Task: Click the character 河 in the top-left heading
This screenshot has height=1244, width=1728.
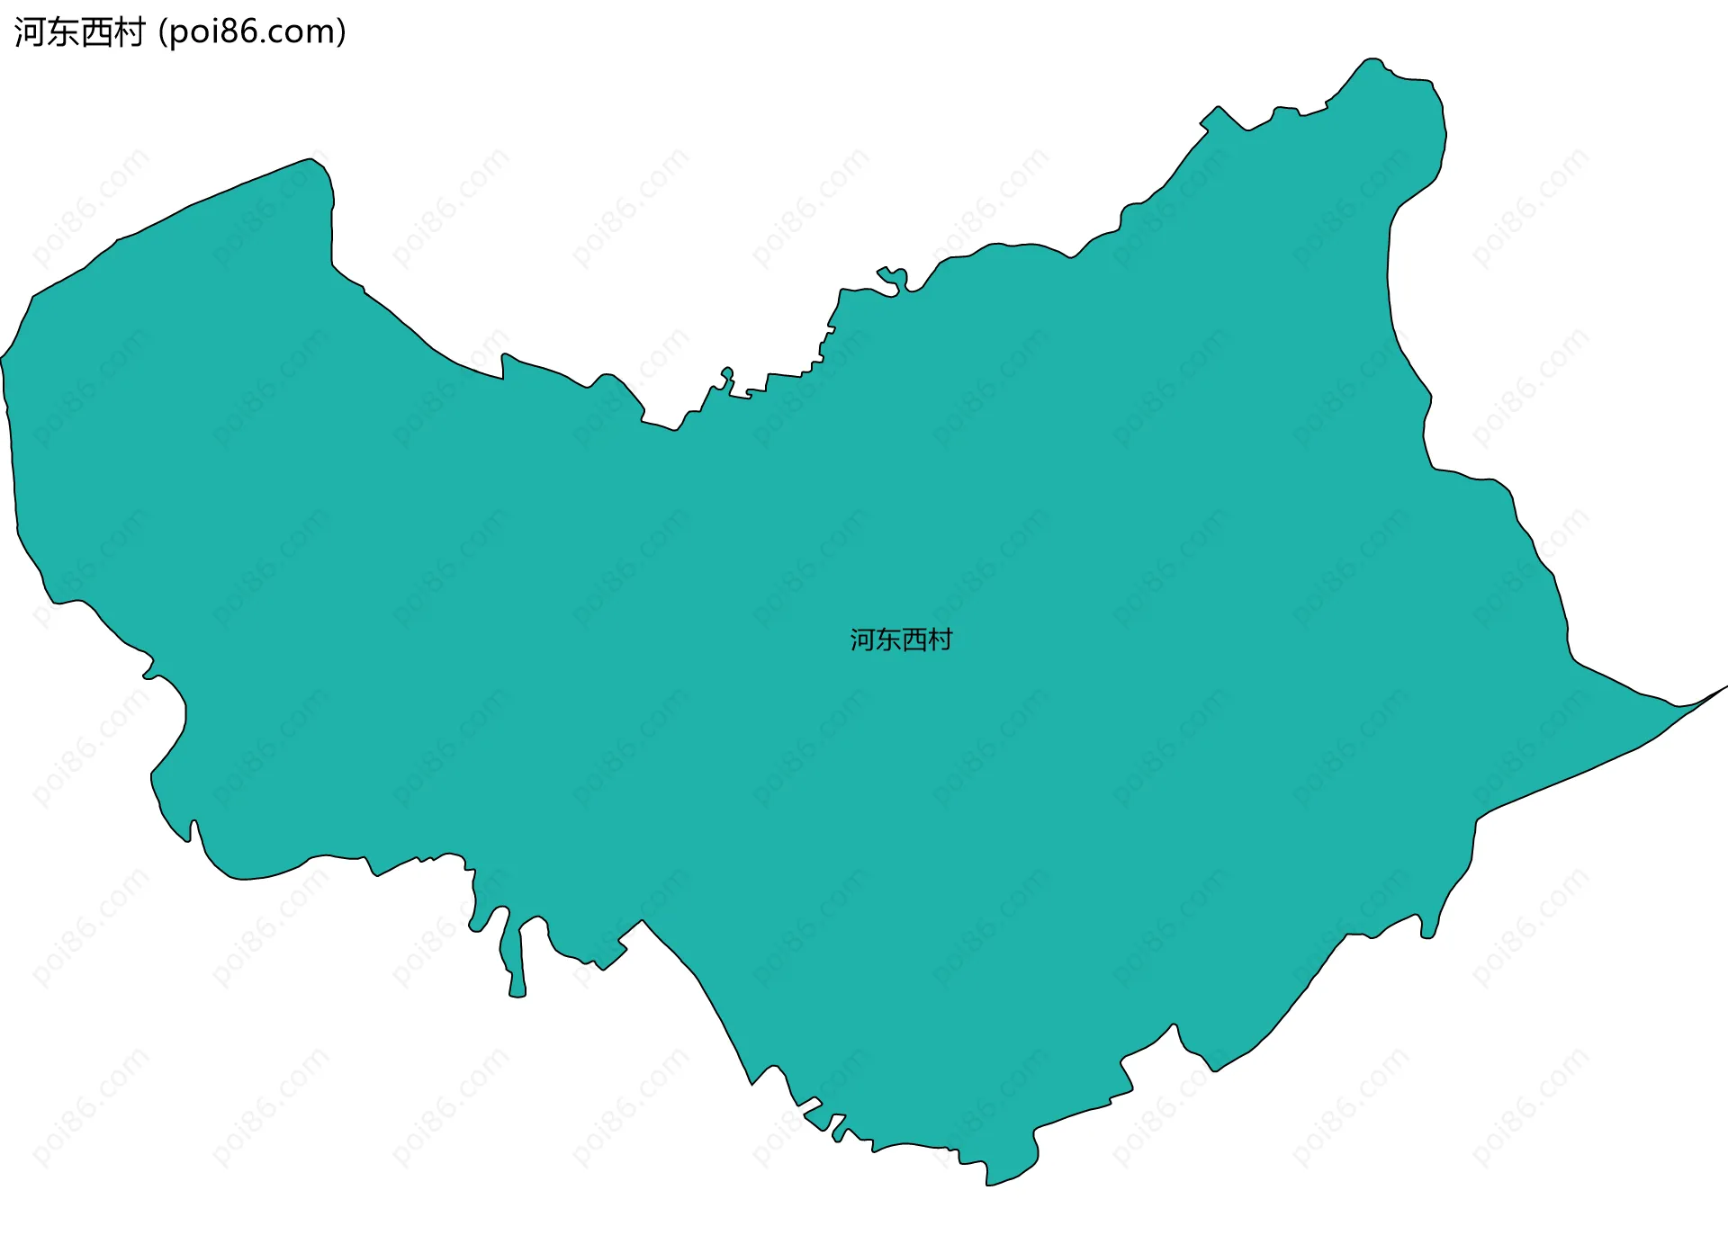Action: tap(30, 32)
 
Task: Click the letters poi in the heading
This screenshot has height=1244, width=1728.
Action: tap(192, 32)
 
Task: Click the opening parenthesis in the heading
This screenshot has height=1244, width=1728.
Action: tap(162, 32)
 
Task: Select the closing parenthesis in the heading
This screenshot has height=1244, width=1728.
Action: tap(341, 32)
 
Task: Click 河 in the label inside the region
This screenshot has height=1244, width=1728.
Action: tap(863, 640)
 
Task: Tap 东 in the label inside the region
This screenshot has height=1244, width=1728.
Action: tap(888, 640)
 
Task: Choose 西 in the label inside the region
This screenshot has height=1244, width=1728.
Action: tap(913, 640)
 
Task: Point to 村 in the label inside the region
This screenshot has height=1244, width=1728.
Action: tap(940, 640)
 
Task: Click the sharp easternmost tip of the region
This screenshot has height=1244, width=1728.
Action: tap(1725, 687)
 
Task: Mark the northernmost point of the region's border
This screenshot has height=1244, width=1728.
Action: tap(1370, 59)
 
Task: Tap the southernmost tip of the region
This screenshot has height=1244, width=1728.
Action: tap(989, 1184)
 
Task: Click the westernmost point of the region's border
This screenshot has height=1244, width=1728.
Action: tap(2, 358)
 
